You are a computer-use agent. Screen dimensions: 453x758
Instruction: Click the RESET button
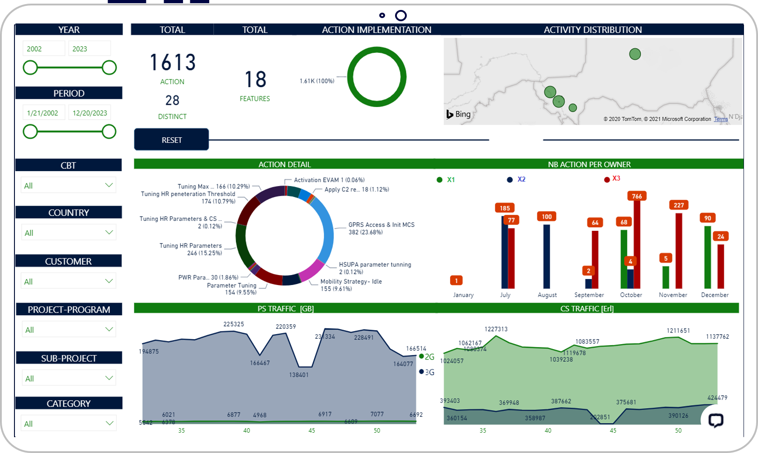[x=171, y=140]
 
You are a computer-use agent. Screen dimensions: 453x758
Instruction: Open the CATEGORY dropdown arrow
[x=109, y=423]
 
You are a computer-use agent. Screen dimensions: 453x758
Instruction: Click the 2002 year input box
[x=44, y=49]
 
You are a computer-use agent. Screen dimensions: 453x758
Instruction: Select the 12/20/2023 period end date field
[x=89, y=113]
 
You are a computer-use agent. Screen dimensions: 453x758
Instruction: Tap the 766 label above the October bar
[x=637, y=196]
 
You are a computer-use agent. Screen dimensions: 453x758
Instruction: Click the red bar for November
[x=678, y=251]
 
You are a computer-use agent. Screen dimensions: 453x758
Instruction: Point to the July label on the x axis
[x=505, y=295]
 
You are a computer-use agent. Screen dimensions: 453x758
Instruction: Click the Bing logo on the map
[x=459, y=114]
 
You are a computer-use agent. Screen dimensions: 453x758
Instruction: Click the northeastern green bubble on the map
[x=635, y=54]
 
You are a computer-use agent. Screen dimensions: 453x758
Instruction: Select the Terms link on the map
[x=720, y=119]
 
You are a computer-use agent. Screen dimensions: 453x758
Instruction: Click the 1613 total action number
[x=172, y=63]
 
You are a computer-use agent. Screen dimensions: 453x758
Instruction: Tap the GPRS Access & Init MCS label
[x=381, y=224]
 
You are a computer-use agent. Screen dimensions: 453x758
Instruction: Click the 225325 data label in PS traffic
[x=233, y=324]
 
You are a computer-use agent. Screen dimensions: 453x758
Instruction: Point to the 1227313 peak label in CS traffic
[x=496, y=329]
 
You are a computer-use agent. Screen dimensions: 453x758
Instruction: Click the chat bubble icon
[x=716, y=420]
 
